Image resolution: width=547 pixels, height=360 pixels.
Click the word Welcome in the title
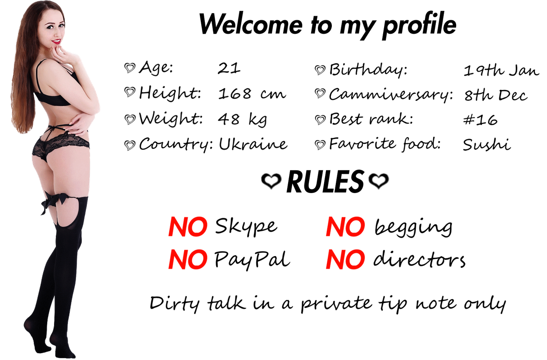[x=251, y=24]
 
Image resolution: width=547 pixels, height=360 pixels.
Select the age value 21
[x=229, y=68]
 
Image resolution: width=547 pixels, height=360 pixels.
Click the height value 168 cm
[x=252, y=94]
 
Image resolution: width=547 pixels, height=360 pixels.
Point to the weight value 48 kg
[x=243, y=120]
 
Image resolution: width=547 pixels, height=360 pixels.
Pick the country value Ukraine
[x=253, y=144]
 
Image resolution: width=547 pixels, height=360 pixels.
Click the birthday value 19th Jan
[x=501, y=71]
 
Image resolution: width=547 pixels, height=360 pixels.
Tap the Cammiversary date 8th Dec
[x=496, y=95]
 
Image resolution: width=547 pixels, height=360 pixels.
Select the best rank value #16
[x=480, y=120]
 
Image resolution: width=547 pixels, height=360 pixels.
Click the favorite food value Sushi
[x=487, y=144]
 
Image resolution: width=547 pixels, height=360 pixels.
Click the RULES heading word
[x=325, y=182]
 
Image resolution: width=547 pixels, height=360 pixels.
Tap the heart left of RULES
[x=271, y=181]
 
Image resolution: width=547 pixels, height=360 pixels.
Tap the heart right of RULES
[x=379, y=181]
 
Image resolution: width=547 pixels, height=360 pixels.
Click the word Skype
[x=246, y=227]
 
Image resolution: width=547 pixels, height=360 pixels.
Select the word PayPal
[x=252, y=260]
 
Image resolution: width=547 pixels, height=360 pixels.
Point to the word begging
[x=413, y=228]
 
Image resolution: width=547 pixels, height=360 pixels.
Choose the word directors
[x=419, y=259]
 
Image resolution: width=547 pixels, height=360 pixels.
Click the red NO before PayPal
[x=188, y=260]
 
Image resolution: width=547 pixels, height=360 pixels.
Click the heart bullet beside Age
[x=130, y=68]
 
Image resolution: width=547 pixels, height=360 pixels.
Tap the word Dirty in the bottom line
[x=175, y=304]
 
